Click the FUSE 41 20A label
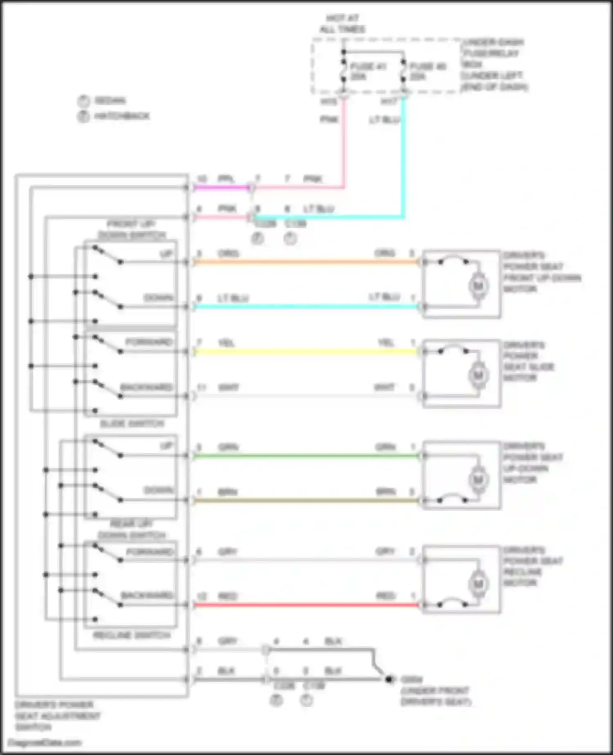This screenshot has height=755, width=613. click(367, 71)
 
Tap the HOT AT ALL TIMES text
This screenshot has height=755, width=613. click(342, 24)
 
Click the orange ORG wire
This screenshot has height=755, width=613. click(306, 262)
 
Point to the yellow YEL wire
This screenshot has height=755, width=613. click(306, 351)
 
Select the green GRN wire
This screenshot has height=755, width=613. click(306, 456)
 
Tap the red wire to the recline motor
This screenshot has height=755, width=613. click(306, 604)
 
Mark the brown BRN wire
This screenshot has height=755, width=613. click(306, 500)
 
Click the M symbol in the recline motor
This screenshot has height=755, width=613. click(478, 584)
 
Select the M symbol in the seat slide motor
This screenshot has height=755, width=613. click(478, 375)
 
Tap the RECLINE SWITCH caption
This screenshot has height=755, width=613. click(132, 635)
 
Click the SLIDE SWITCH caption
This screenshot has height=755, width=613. click(132, 424)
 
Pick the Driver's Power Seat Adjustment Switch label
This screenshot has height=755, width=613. click(57, 716)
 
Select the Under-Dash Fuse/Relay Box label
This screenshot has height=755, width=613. click(494, 64)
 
